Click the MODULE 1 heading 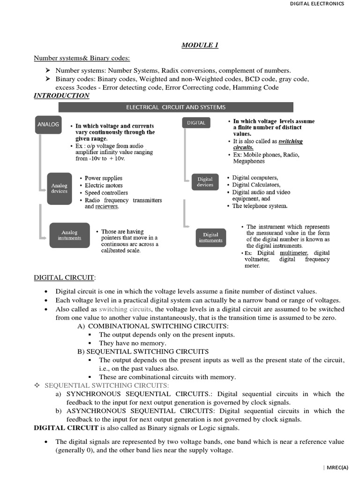pyautogui.click(x=200, y=45)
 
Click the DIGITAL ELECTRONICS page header pyautogui.click(x=317, y=4)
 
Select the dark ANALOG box pyautogui.click(x=48, y=125)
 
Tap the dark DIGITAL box pyautogui.click(x=196, y=123)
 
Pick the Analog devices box pyautogui.click(x=60, y=188)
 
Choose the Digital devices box pyautogui.click(x=205, y=182)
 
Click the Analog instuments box pyautogui.click(x=69, y=235)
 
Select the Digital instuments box pyautogui.click(x=210, y=238)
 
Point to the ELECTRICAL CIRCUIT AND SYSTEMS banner pyautogui.click(x=176, y=107)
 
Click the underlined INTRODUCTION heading pyautogui.click(x=61, y=96)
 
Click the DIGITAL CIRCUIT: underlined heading pyautogui.click(x=65, y=277)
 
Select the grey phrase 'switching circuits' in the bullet pyautogui.click(x=125, y=309)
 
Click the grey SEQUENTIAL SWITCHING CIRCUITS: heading pyautogui.click(x=107, y=385)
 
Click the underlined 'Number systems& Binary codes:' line pyautogui.click(x=82, y=58)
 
